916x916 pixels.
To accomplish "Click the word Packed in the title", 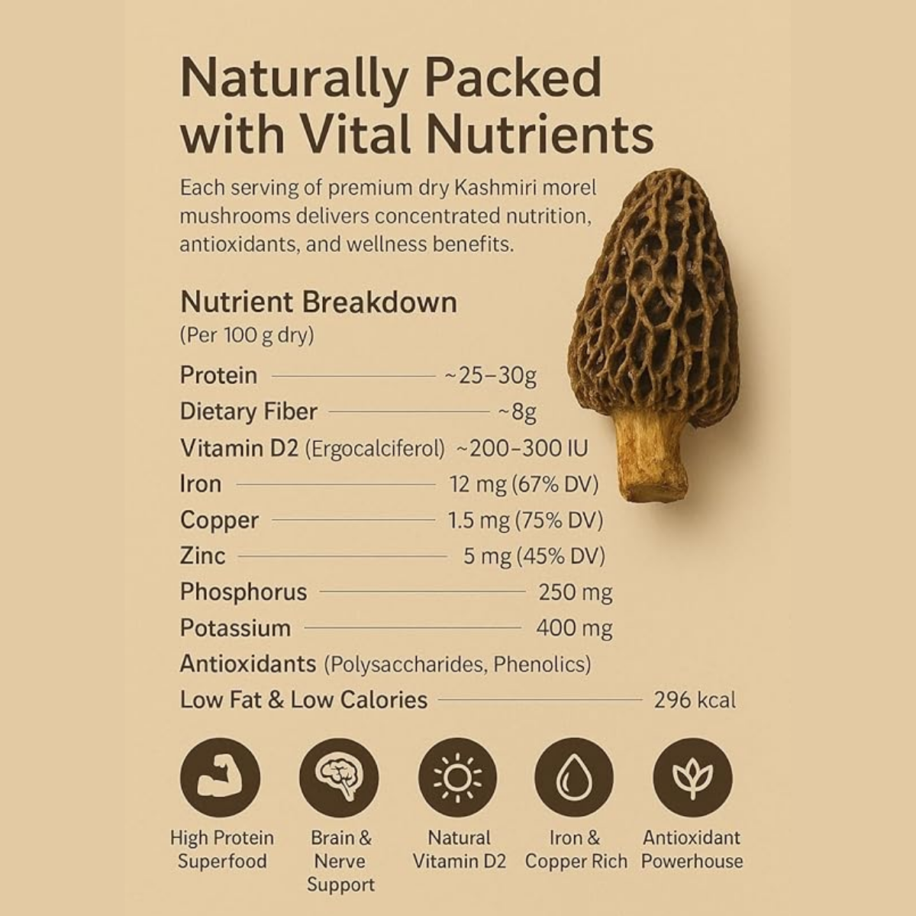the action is click(514, 78).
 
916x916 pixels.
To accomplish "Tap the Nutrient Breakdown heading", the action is click(318, 302).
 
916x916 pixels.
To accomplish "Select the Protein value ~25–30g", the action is click(491, 376).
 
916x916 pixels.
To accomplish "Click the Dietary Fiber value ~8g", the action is click(518, 411).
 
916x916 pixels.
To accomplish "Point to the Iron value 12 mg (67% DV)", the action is click(524, 485).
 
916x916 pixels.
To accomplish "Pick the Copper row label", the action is click(219, 521).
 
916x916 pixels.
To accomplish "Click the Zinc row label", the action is click(202, 556).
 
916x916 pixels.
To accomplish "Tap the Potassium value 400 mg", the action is click(574, 628).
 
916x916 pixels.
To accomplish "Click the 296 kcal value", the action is click(695, 700).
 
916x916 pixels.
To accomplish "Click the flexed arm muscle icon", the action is click(220, 778).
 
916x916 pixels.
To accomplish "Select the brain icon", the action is click(339, 778).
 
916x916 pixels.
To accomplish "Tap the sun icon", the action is click(457, 778).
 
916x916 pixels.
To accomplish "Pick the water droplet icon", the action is click(574, 778).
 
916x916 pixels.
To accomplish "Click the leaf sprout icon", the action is click(692, 778).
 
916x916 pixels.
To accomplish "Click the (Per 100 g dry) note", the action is click(247, 336).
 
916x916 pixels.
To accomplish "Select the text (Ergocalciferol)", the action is click(375, 448).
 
